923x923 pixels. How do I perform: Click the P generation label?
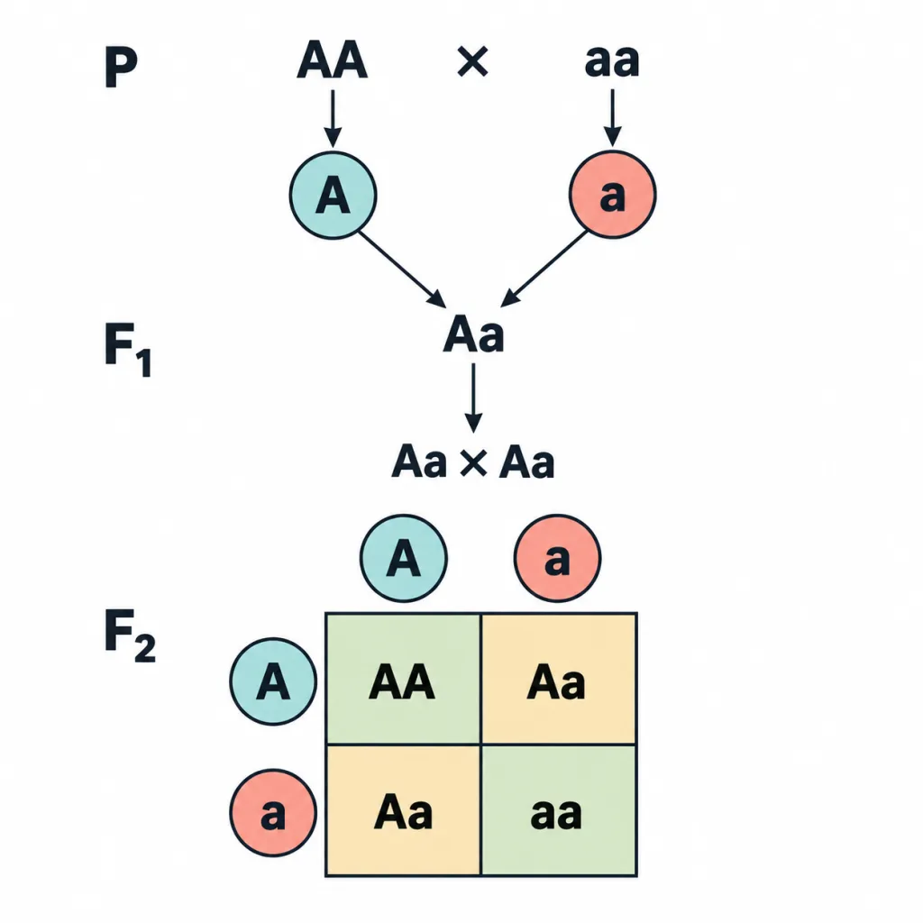click(x=122, y=67)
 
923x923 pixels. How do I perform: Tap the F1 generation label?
click(x=128, y=350)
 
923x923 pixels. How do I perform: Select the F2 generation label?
click(x=130, y=636)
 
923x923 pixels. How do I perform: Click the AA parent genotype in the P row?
click(x=333, y=60)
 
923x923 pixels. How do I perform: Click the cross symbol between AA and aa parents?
click(x=472, y=62)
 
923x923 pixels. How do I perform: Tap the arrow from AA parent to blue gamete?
click(x=334, y=118)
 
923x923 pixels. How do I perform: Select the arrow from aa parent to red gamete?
click(x=613, y=118)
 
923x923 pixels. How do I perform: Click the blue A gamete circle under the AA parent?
click(x=334, y=196)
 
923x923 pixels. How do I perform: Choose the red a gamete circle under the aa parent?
click(x=613, y=195)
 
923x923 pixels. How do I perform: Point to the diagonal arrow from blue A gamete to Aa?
click(x=403, y=270)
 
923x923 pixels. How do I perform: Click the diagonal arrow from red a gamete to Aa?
click(x=544, y=269)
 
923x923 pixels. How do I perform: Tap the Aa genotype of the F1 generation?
click(x=474, y=334)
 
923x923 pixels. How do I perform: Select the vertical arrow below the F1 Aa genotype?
click(x=474, y=398)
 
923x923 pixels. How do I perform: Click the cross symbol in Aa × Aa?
click(x=473, y=462)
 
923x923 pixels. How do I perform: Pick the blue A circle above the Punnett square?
click(x=404, y=558)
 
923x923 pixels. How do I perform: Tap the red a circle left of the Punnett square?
click(x=273, y=813)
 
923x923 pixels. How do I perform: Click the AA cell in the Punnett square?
click(x=403, y=680)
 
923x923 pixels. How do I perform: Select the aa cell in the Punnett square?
click(x=559, y=810)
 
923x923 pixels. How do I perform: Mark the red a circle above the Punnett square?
click(x=557, y=558)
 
